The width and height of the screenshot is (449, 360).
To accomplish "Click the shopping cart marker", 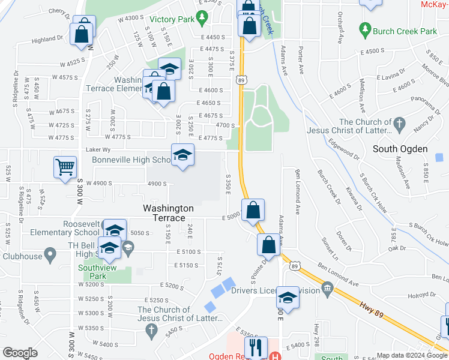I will [65, 167].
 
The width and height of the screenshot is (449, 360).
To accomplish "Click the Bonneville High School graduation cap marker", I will [182, 155].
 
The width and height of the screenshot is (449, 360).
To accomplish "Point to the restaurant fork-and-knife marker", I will [256, 346].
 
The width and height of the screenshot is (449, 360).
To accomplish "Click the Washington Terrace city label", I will [168, 213].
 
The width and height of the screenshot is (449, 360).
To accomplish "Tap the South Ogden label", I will [400, 149].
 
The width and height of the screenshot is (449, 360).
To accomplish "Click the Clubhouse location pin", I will [50, 256].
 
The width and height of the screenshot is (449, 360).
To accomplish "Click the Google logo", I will [20, 353].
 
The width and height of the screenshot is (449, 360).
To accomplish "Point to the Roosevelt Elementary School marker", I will [114, 230].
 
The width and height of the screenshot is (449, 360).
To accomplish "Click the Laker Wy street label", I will [98, 149].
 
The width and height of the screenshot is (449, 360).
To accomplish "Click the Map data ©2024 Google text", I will [412, 355].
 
